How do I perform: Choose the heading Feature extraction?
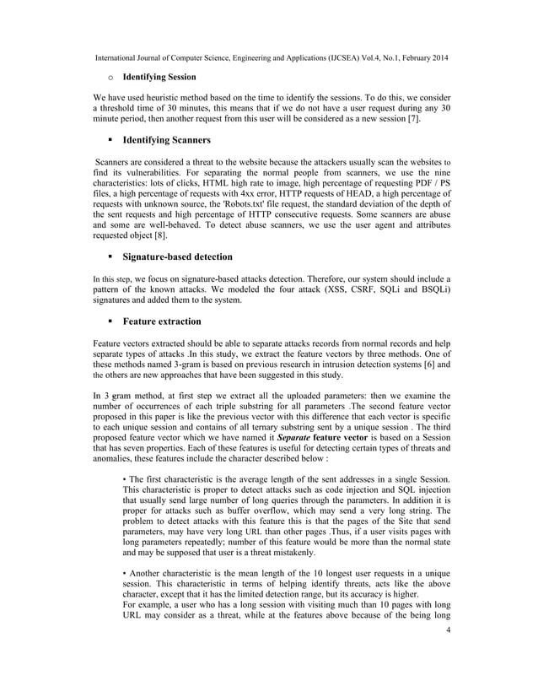(x=162, y=321)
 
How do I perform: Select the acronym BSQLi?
(x=427, y=289)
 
